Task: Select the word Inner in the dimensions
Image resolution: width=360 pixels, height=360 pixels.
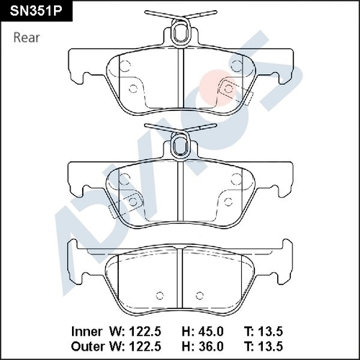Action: (89, 331)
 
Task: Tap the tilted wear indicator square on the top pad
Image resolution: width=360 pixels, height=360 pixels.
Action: (229, 88)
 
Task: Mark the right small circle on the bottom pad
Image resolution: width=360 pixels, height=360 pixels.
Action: (202, 294)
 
